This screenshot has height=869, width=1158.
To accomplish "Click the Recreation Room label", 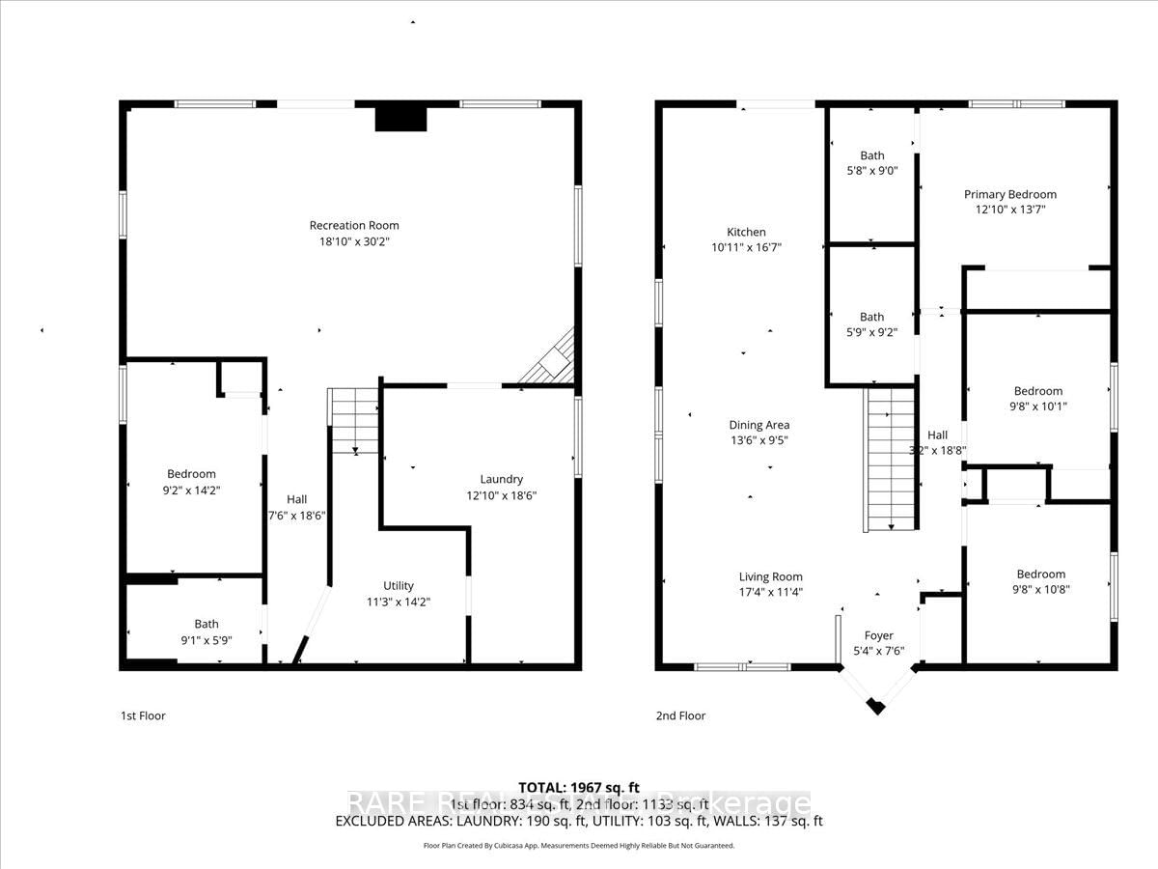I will click(x=354, y=225).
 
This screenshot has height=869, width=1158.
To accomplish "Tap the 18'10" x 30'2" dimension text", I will click(x=354, y=241).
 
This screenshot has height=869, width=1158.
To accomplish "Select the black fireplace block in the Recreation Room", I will click(x=400, y=116).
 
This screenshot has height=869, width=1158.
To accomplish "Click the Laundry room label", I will click(x=502, y=479).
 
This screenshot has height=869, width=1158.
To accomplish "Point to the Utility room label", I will click(x=399, y=585).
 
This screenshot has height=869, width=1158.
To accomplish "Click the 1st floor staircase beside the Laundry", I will click(x=354, y=420).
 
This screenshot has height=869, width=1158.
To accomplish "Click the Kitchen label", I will click(x=746, y=232).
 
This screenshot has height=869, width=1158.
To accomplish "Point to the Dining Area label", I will click(x=759, y=425).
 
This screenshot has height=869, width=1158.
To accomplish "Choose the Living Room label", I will click(x=771, y=576).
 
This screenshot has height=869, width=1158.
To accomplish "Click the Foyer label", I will click(x=878, y=635).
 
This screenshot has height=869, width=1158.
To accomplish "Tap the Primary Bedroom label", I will click(x=1010, y=194).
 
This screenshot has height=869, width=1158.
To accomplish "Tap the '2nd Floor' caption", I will click(x=680, y=715).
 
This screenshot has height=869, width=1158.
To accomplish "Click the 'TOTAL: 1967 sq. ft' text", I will click(x=579, y=788).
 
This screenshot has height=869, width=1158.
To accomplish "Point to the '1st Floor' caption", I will click(x=142, y=715).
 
